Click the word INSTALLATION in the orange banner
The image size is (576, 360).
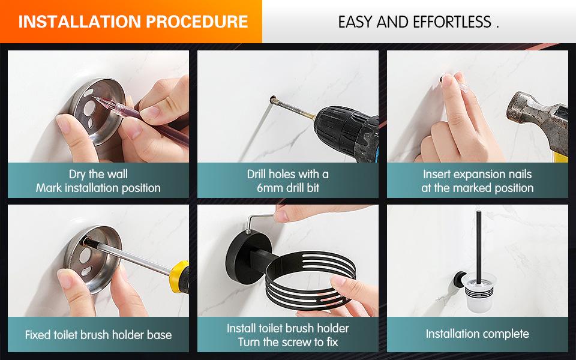80,22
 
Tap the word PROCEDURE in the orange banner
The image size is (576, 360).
197,22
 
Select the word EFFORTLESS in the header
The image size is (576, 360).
452,22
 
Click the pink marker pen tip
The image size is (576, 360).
96,98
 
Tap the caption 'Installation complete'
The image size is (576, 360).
477,334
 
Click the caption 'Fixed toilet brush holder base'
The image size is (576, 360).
98,335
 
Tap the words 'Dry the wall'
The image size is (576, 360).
98,174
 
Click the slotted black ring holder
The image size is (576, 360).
310,279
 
